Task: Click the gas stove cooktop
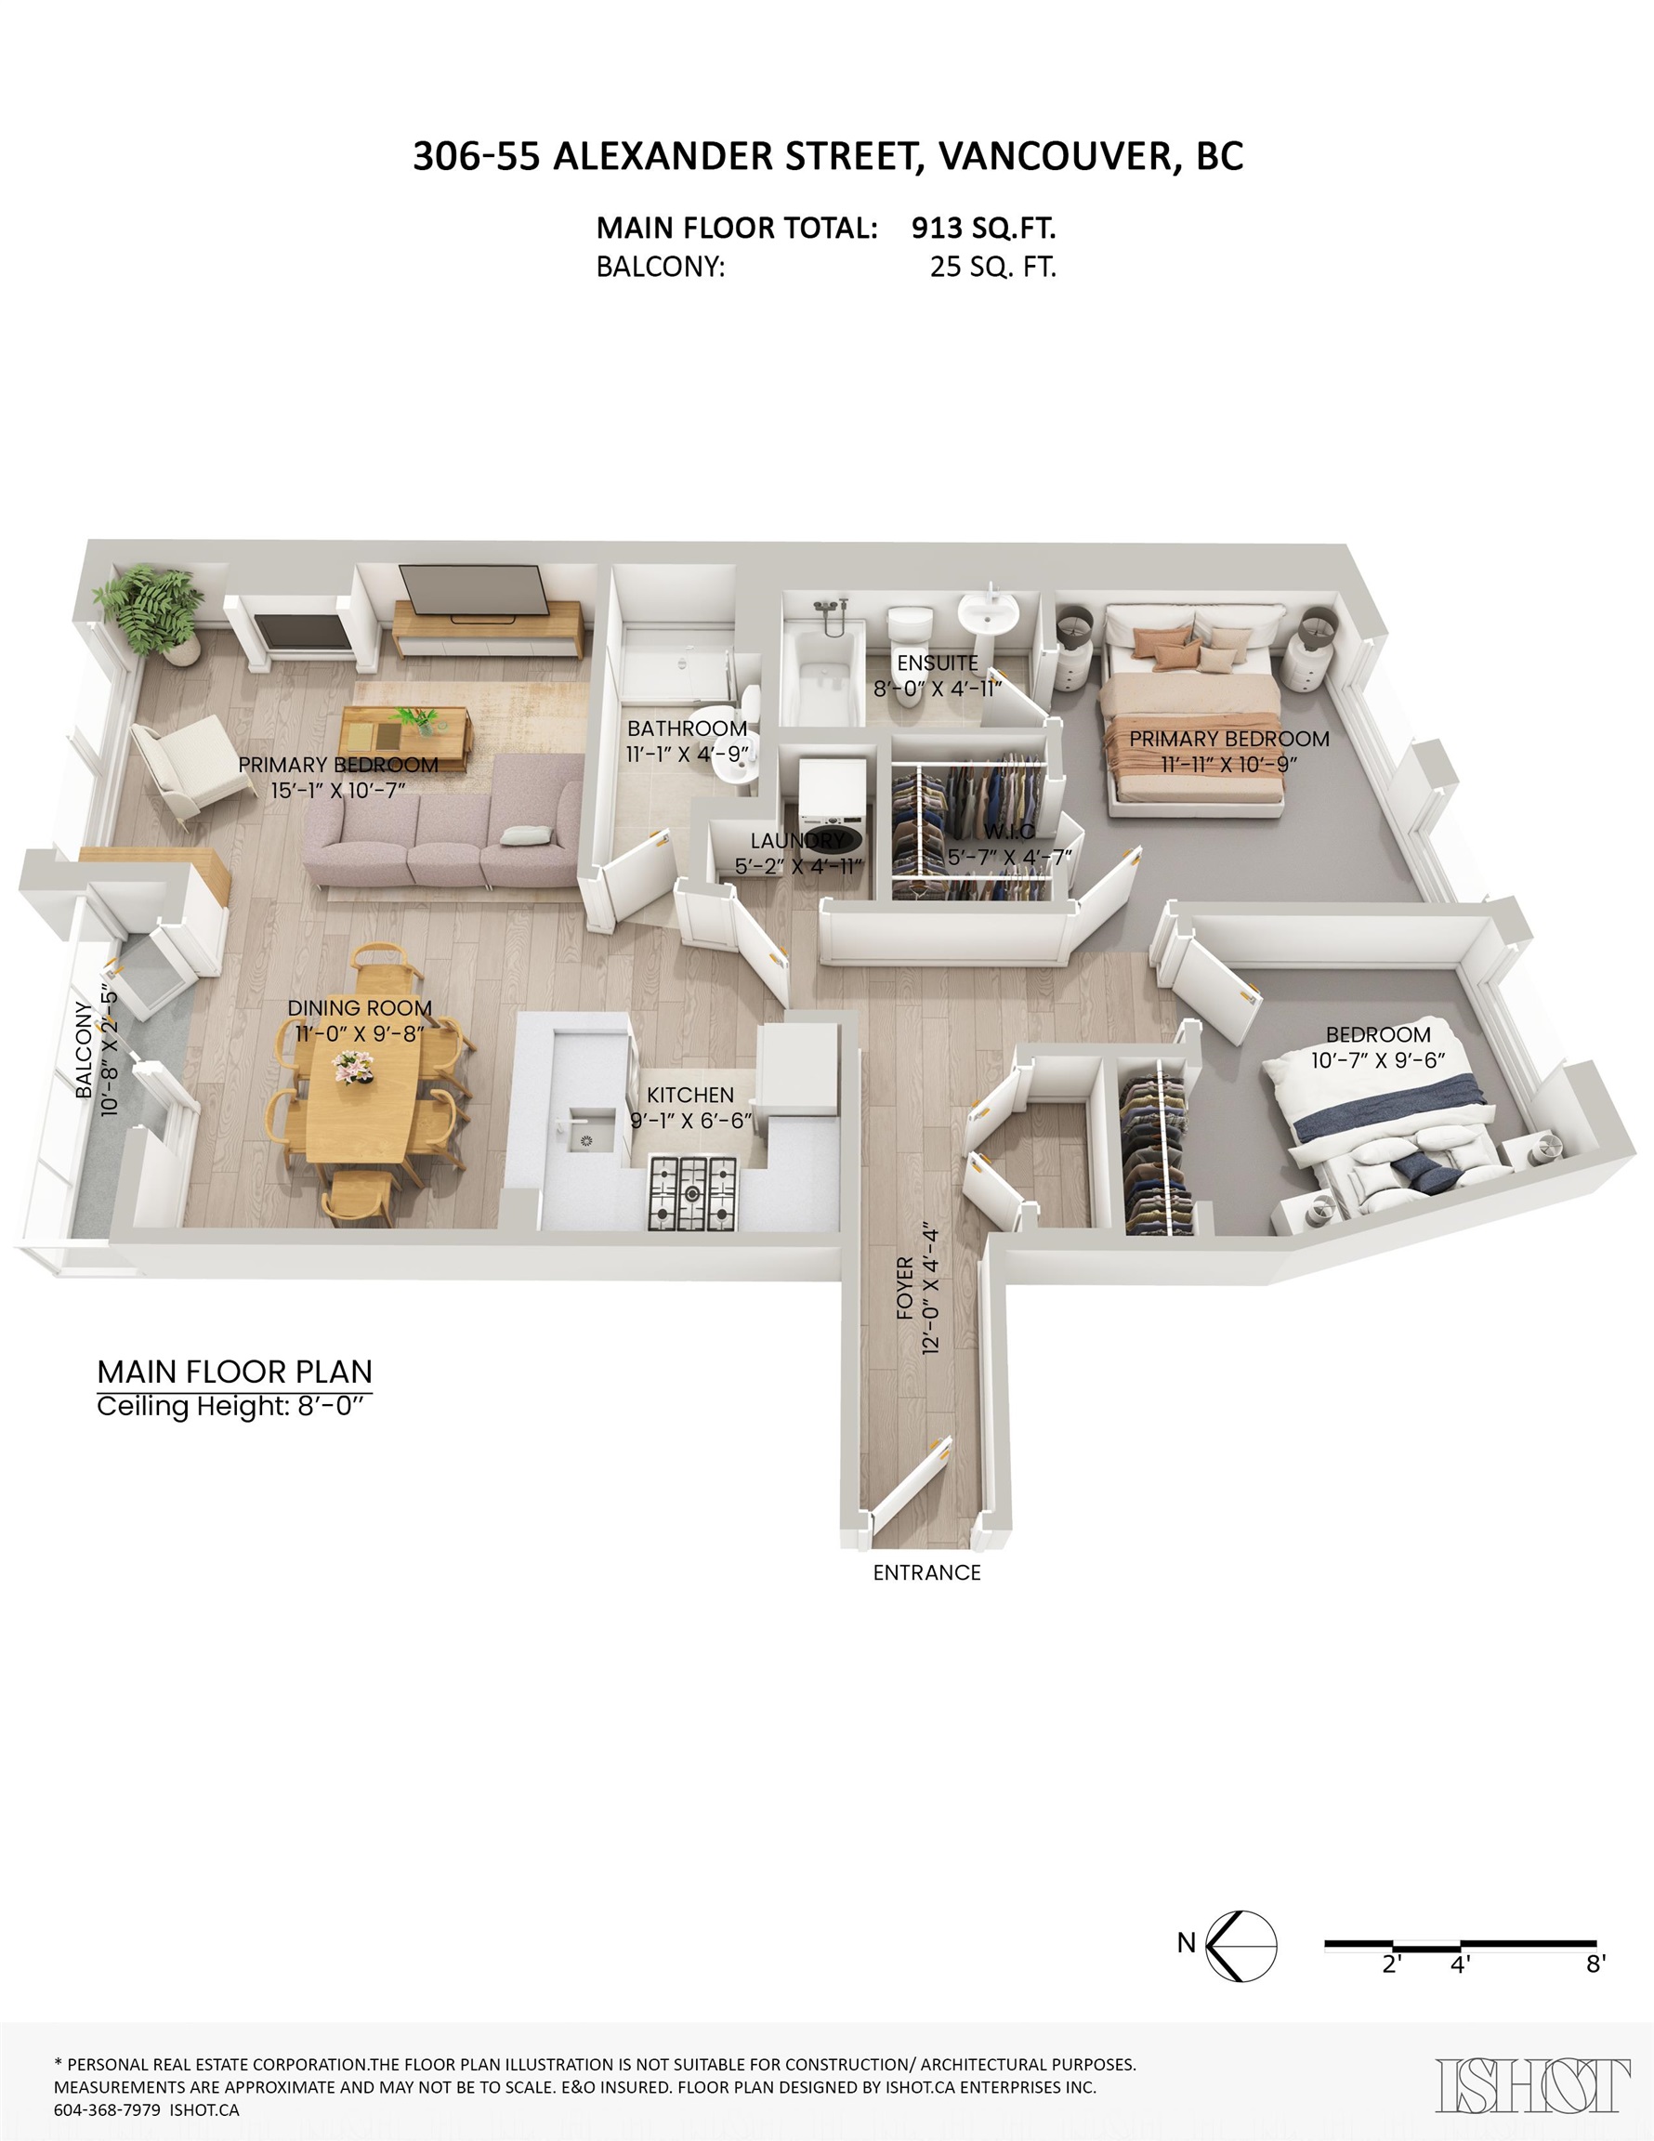[694, 1193]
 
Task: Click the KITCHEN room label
[690, 1095]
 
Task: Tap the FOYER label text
[905, 1288]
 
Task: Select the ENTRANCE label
[926, 1572]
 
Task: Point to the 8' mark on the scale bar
[1595, 1964]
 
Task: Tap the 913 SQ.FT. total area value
[983, 229]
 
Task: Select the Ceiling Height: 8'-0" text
[234, 1406]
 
